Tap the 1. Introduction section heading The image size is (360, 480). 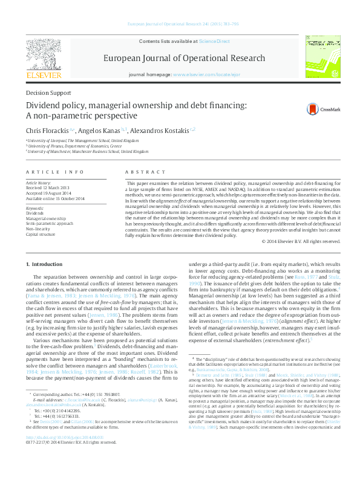[46, 265]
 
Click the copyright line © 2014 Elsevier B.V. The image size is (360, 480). [300, 241]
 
